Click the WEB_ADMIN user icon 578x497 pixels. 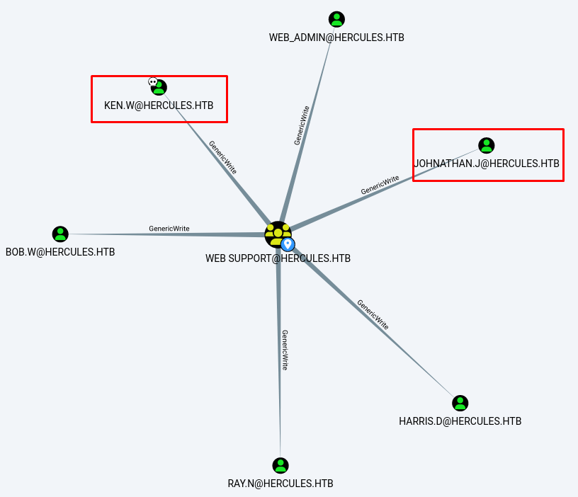[x=336, y=20]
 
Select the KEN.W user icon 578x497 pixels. [x=159, y=87]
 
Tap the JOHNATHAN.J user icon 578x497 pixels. [x=486, y=146]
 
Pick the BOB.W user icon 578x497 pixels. [x=60, y=234]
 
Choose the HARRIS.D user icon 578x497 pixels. [x=460, y=404]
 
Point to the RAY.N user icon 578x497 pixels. [x=280, y=466]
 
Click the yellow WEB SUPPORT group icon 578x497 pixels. [x=277, y=234]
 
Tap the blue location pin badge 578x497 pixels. [x=288, y=244]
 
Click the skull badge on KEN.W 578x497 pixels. [x=152, y=82]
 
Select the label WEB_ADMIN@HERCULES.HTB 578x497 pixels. [x=336, y=37]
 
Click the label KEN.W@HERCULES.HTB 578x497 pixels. [x=159, y=105]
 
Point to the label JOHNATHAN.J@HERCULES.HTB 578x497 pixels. [x=487, y=164]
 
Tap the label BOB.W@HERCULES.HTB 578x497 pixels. [x=60, y=252]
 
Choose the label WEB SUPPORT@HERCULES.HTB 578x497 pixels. [x=278, y=258]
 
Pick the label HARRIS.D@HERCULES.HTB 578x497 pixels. [x=460, y=421]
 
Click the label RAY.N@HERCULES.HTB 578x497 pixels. [x=280, y=484]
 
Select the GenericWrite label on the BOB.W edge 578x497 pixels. [x=169, y=229]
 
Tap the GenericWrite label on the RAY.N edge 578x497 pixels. [x=285, y=350]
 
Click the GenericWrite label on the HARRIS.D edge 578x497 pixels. [x=373, y=314]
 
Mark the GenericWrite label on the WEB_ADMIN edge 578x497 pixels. [x=302, y=125]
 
